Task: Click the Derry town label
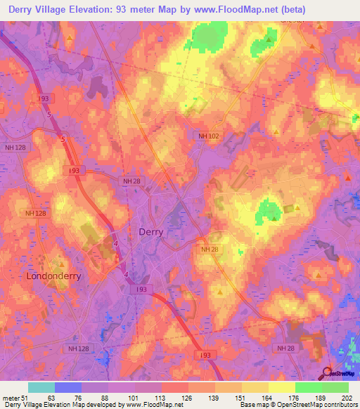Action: click(x=152, y=232)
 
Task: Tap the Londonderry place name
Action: click(x=53, y=276)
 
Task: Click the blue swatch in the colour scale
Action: click(x=67, y=387)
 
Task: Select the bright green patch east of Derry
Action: click(x=268, y=209)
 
